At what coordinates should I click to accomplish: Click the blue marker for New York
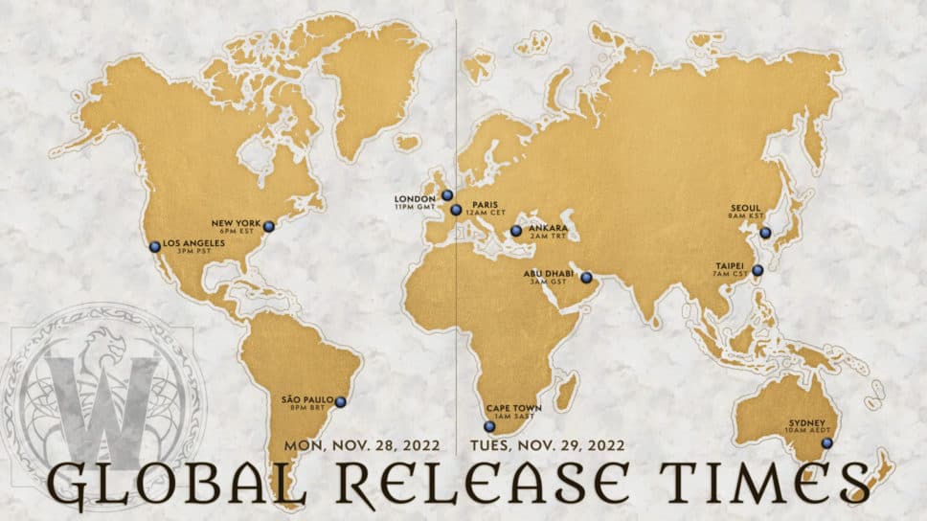pos(269,226)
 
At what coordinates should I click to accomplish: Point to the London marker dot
pos(447,194)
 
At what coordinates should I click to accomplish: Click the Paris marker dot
pos(457,209)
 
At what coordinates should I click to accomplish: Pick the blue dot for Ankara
pos(516,230)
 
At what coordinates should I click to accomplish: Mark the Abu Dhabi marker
pos(587,278)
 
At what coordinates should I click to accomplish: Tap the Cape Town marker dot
pos(489,426)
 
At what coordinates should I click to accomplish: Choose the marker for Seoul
pos(764,233)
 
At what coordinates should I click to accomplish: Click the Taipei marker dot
pos(757,271)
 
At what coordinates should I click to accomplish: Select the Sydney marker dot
pos(826,442)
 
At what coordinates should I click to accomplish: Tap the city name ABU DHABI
pos(548,273)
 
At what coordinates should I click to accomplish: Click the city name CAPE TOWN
pos(514,408)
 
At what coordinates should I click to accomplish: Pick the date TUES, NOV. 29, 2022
pos(548,446)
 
